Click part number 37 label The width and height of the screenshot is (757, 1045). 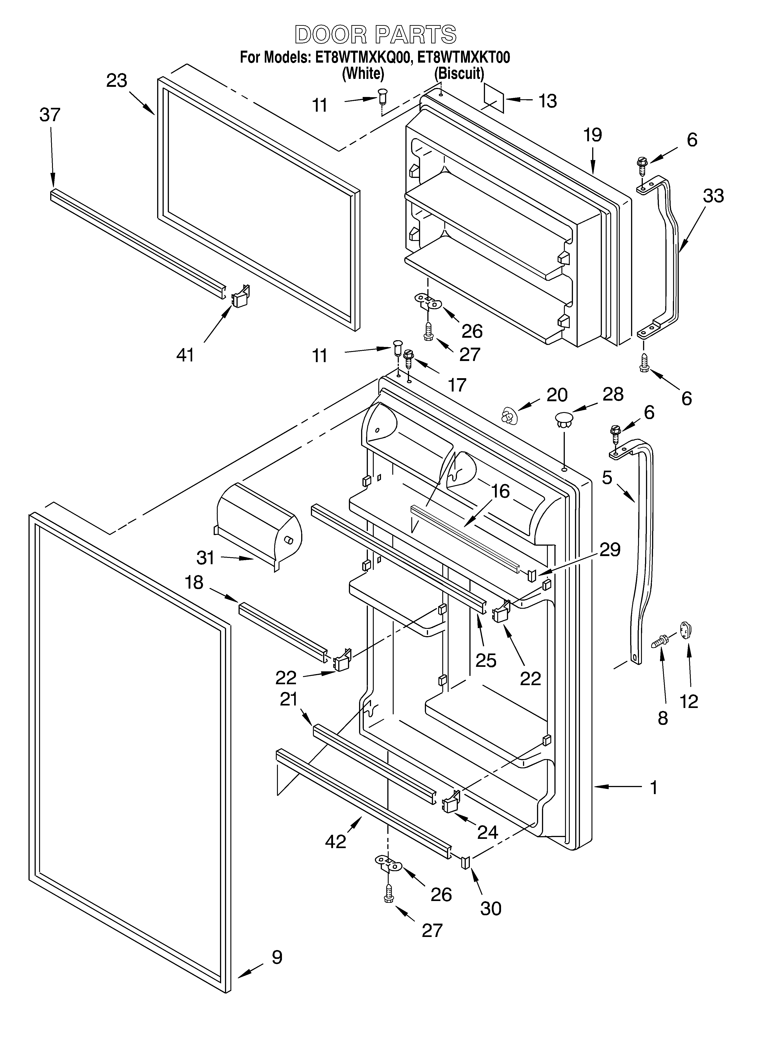point(50,115)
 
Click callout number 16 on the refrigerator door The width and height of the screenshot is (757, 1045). point(500,491)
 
